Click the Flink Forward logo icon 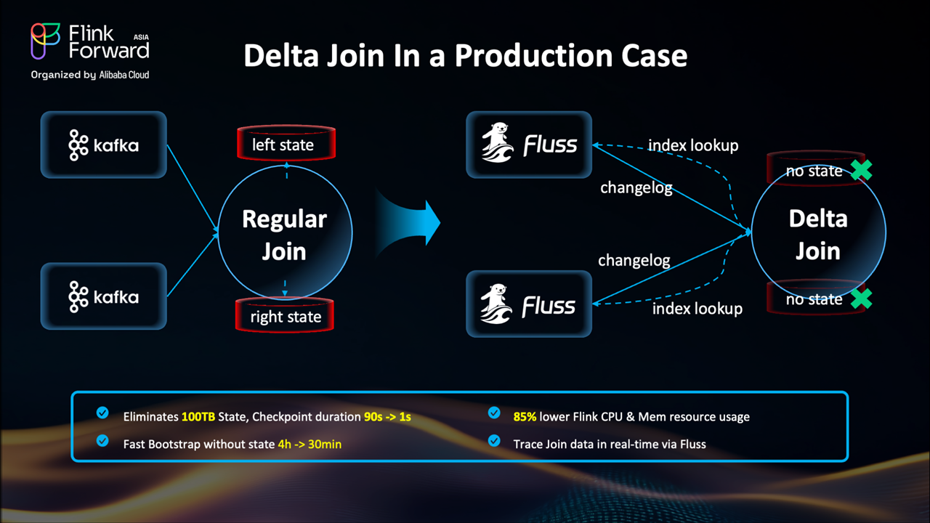(x=45, y=41)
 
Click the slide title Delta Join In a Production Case (x=465, y=56)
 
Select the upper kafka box (x=104, y=145)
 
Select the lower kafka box (x=104, y=296)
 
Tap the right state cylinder (x=285, y=316)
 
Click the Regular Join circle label (x=284, y=235)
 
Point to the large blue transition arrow (x=411, y=221)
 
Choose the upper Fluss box (x=529, y=145)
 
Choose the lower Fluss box (x=529, y=304)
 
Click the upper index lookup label (x=693, y=145)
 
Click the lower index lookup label (x=697, y=309)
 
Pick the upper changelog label (x=636, y=188)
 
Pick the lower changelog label (x=634, y=260)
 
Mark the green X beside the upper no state (x=861, y=170)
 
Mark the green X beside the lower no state (x=861, y=299)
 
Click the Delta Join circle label (x=818, y=235)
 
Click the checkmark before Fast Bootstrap (x=102, y=441)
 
